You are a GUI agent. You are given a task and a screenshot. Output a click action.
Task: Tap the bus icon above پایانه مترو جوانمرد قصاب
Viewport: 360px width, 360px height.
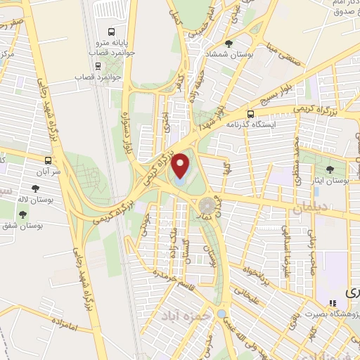(111, 32)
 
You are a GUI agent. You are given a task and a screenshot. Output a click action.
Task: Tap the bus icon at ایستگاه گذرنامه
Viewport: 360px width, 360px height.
(251, 113)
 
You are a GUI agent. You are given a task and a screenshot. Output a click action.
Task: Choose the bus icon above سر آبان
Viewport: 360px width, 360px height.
(48, 160)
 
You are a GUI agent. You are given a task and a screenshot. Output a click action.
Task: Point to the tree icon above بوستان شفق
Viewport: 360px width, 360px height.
(24, 214)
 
